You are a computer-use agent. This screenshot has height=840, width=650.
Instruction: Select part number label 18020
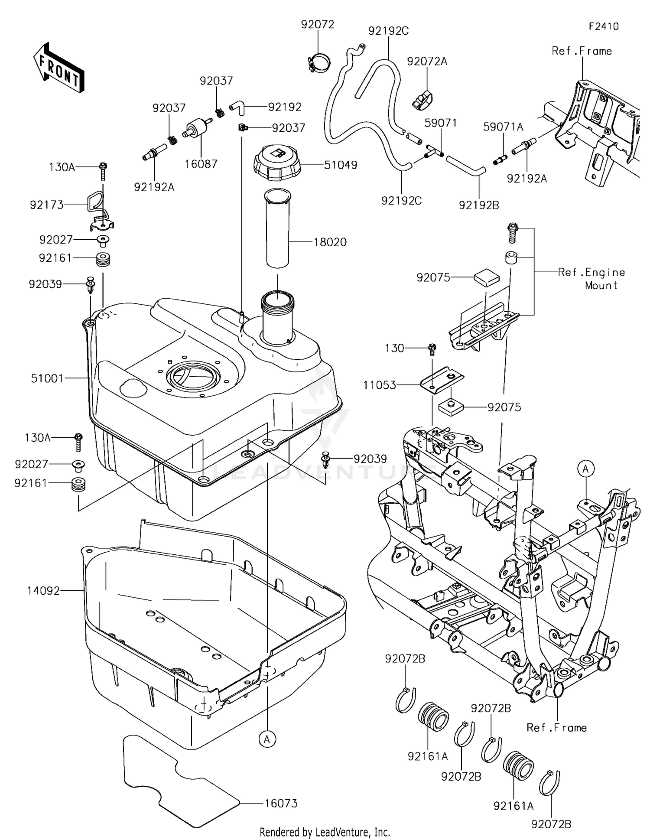[x=330, y=242]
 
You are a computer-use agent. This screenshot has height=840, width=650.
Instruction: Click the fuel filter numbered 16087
[x=198, y=130]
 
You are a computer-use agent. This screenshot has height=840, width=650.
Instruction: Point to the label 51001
[x=47, y=378]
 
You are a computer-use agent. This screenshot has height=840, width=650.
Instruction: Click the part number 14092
[x=43, y=590]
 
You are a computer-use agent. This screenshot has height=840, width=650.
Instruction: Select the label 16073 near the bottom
[x=281, y=803]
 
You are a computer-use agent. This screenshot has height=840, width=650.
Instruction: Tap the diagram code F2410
[x=604, y=26]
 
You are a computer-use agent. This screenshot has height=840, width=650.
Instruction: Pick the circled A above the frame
[x=586, y=469]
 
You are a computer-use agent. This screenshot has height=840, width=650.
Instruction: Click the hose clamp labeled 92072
[x=319, y=62]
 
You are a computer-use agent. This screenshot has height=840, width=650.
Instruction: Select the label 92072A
[x=427, y=62]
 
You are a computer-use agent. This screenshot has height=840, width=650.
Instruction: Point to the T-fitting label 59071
[x=441, y=123]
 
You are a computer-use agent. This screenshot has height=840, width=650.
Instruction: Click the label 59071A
[x=503, y=127]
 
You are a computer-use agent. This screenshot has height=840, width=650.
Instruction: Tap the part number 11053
[x=380, y=385]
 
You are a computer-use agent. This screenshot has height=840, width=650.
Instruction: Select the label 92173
[x=47, y=205]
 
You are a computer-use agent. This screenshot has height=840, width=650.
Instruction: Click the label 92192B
[x=479, y=205]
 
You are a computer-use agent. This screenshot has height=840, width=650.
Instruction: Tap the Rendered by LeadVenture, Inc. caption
[x=325, y=832]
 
